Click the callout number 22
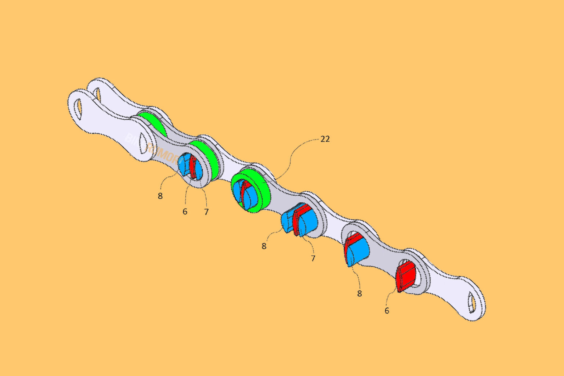click(325, 139)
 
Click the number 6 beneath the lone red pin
click(387, 311)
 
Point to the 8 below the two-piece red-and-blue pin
click(359, 293)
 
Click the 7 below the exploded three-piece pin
click(313, 258)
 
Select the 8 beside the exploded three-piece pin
click(264, 246)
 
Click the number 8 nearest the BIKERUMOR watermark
click(160, 196)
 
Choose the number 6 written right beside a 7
click(185, 211)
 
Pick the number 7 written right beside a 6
click(206, 212)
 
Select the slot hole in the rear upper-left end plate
click(97, 94)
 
